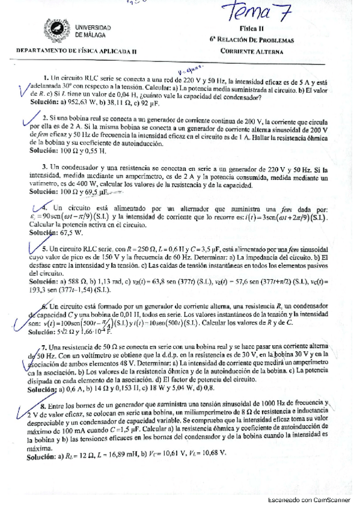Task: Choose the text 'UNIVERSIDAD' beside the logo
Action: [x=93, y=27]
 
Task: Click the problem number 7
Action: [x=44, y=348]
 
